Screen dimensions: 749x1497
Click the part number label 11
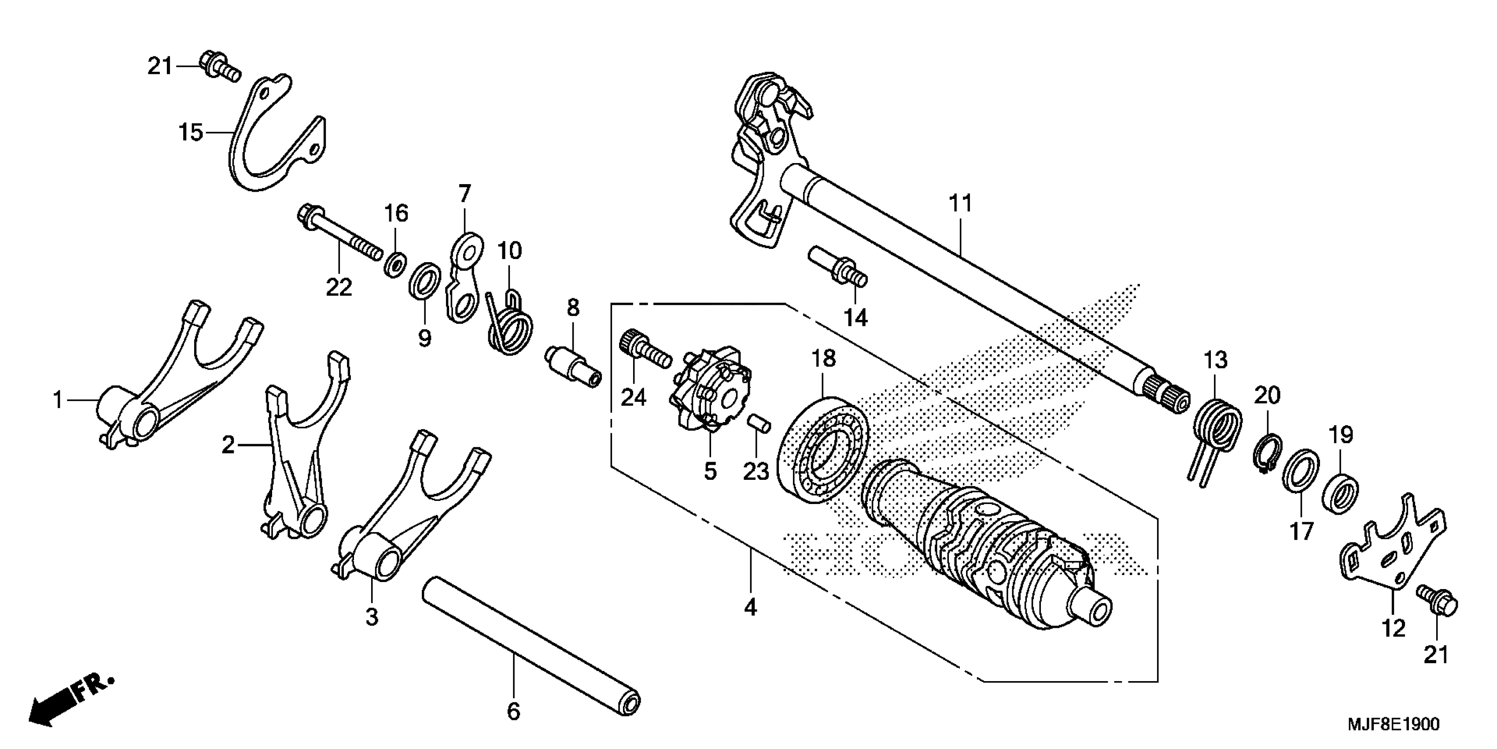(x=960, y=204)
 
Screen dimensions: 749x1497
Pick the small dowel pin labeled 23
(x=758, y=423)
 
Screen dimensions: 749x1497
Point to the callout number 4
(x=750, y=608)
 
